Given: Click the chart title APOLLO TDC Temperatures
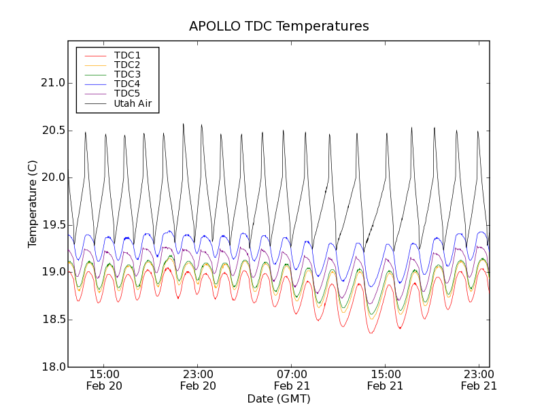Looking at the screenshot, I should pyautogui.click(x=279, y=27).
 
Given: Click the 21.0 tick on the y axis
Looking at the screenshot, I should pyautogui.click(x=53, y=83).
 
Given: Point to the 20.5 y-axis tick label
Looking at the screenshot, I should pyautogui.click(x=53, y=131).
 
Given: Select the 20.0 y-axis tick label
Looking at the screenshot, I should pyautogui.click(x=53, y=177).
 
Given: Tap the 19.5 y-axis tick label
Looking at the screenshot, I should pyautogui.click(x=53, y=225).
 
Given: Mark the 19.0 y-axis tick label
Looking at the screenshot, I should pyautogui.click(x=53, y=272).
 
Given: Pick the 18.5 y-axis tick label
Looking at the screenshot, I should pyautogui.click(x=53, y=320).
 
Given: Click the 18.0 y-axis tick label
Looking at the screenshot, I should pyautogui.click(x=53, y=367).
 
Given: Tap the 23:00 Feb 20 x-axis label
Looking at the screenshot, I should pyautogui.click(x=198, y=379).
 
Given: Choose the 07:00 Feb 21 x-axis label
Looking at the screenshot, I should pyautogui.click(x=292, y=379).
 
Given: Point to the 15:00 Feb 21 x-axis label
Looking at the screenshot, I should pyautogui.click(x=385, y=379).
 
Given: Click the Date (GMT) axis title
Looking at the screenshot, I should pyautogui.click(x=279, y=398).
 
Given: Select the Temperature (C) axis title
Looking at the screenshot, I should pyautogui.click(x=33, y=204).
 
